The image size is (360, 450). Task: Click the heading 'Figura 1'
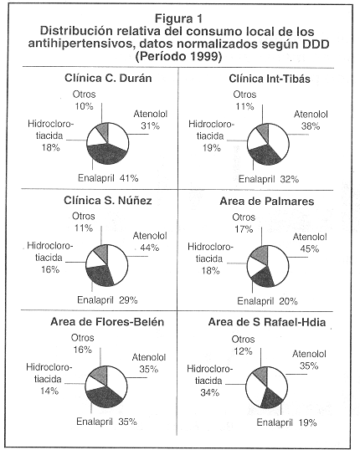(x=178, y=18)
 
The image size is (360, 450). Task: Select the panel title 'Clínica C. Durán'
(x=108, y=78)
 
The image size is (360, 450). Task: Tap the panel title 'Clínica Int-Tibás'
(x=270, y=79)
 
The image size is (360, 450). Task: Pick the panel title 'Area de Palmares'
(x=267, y=201)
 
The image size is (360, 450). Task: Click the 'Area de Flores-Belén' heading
(x=107, y=322)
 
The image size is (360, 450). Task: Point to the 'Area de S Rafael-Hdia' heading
(x=267, y=322)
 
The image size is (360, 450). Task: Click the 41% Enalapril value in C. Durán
(x=129, y=178)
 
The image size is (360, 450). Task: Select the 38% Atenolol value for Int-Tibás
(x=311, y=126)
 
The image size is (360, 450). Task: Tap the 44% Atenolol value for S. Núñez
(x=149, y=248)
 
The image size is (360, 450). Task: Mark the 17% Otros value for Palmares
(x=244, y=229)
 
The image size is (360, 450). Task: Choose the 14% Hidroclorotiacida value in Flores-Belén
(x=49, y=391)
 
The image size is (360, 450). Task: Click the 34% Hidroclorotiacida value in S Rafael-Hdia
(x=210, y=392)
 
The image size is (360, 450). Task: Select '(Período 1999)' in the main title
(x=178, y=57)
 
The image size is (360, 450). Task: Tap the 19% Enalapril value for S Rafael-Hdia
(x=307, y=422)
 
